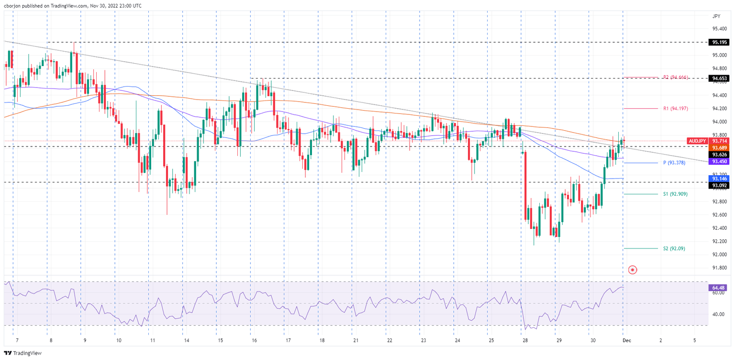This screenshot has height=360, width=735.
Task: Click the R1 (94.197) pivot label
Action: point(675,109)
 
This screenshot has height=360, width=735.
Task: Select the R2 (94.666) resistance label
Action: point(675,77)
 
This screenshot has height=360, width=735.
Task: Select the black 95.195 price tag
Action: point(720,42)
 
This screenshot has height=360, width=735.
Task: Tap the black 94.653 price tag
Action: point(720,78)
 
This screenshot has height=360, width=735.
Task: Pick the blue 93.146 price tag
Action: point(720,178)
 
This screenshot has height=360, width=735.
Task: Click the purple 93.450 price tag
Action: point(720,161)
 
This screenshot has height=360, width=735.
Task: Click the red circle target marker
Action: point(633,270)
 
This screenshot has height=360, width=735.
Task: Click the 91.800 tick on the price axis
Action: point(720,268)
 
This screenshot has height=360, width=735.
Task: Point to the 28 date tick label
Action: point(525,339)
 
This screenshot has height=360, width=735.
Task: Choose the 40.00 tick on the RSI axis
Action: point(718,314)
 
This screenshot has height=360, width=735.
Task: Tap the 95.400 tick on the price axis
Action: point(720,29)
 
